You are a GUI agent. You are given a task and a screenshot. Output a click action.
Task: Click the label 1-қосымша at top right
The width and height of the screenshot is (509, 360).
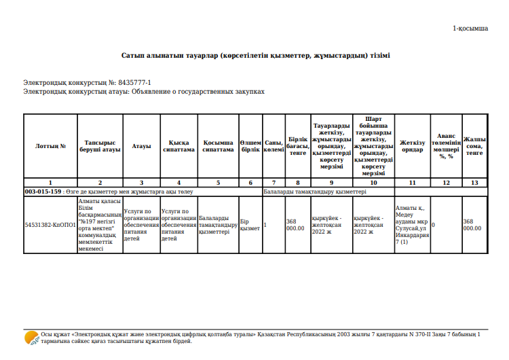point(470,29)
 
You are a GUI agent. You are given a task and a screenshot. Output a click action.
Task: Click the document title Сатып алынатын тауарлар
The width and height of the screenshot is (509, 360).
point(255,54)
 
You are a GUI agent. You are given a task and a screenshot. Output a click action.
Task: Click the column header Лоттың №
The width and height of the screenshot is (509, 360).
point(50,146)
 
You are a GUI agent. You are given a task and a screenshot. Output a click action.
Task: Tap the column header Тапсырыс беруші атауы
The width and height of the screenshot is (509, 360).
point(100,146)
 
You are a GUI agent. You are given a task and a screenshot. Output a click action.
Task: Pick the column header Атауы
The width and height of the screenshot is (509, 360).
point(141,146)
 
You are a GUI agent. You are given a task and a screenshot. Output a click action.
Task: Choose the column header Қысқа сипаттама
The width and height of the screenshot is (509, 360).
point(178,146)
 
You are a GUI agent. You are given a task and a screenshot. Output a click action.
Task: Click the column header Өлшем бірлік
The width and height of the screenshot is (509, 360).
point(250,146)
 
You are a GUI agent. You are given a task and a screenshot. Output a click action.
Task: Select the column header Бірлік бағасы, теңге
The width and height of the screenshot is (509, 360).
point(297,146)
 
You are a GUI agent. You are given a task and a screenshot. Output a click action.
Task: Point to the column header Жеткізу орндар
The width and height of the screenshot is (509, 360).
point(412,146)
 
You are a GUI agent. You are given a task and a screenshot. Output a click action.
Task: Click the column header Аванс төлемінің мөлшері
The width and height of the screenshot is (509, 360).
point(446,146)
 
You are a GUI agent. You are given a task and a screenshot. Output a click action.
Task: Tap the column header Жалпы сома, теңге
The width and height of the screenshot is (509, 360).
point(474,146)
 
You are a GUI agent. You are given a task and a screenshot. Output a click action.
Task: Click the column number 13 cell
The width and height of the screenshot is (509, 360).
point(474,183)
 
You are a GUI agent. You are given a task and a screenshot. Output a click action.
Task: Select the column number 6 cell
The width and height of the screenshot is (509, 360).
point(250,183)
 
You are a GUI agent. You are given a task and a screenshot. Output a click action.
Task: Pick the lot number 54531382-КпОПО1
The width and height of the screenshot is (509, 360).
point(50,224)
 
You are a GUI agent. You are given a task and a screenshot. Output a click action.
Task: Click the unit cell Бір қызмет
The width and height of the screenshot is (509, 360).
point(250,225)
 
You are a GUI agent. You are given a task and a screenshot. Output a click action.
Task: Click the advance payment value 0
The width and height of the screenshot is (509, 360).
point(434,224)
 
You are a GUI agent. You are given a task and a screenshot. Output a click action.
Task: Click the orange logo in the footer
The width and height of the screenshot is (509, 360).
point(31,338)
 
